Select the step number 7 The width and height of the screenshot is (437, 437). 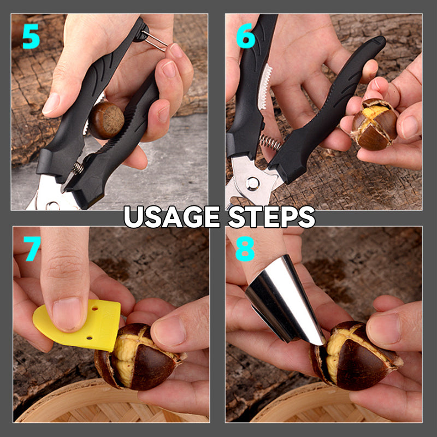32,249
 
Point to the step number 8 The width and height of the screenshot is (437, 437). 245,249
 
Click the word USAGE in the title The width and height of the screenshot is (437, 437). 170,217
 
